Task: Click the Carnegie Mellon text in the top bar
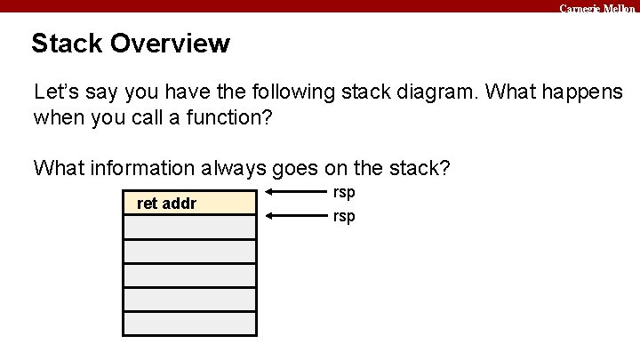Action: (x=596, y=7)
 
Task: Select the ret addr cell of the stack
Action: (x=189, y=204)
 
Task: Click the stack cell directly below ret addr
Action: (x=189, y=228)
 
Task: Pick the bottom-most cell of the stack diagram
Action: (x=189, y=324)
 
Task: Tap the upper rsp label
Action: (x=344, y=192)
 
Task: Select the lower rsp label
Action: (x=344, y=216)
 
